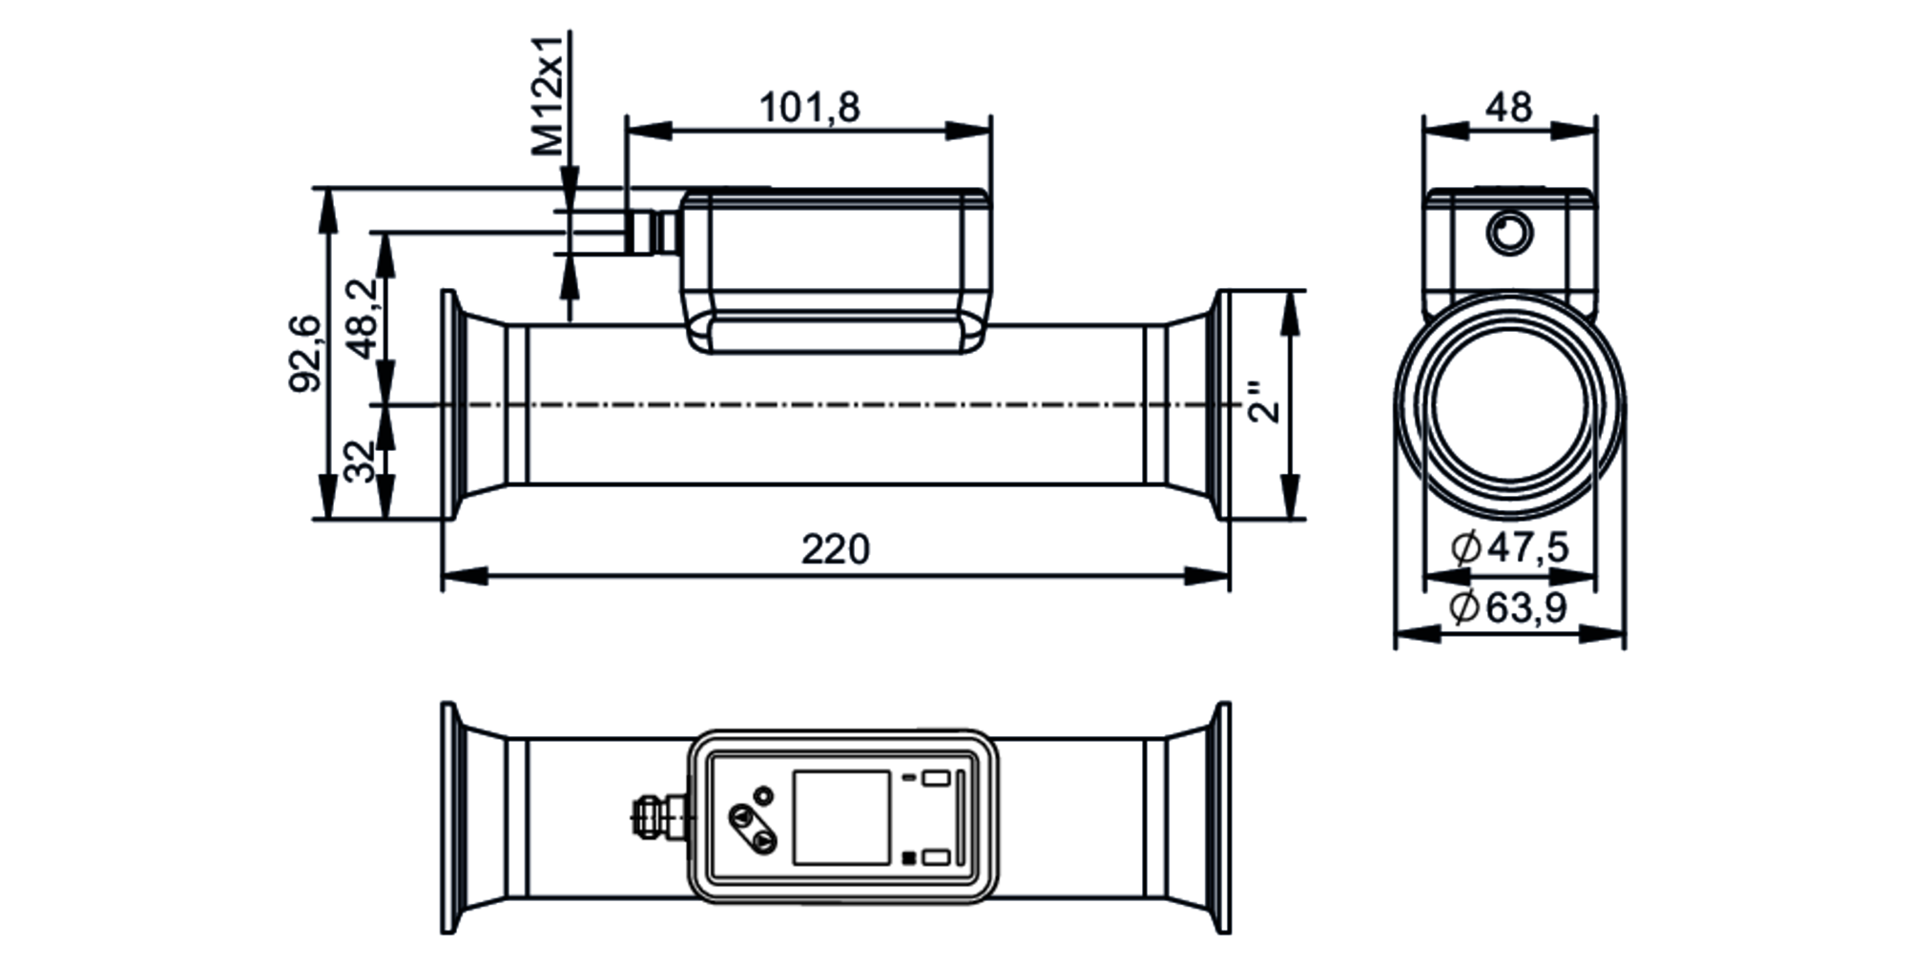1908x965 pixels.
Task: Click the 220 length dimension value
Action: coord(835,550)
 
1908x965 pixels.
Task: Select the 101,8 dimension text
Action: coord(809,108)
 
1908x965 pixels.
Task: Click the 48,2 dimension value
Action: coord(361,318)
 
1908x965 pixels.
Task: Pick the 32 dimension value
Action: coord(360,462)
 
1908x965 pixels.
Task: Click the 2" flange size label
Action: coord(1266,402)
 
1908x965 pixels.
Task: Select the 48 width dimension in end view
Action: coord(1508,108)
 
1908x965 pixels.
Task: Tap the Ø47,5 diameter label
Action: coord(1509,548)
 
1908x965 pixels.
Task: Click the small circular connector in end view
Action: coord(1510,232)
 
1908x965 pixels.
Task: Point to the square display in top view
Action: coord(841,818)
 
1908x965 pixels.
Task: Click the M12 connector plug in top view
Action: coord(653,816)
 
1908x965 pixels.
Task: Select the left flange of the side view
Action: coord(449,405)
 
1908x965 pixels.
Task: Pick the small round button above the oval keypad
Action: coord(763,794)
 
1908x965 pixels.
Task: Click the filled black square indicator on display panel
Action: coord(909,857)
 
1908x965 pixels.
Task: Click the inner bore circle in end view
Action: coord(1509,405)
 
